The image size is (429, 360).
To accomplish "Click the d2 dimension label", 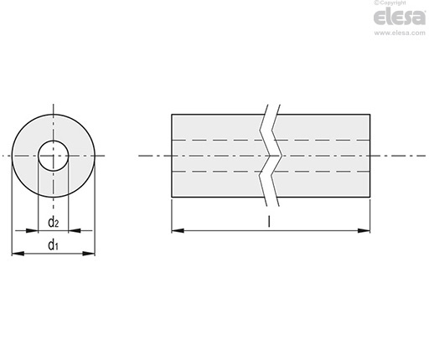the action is click(x=54, y=223).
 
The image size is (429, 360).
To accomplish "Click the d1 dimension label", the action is click(x=53, y=245).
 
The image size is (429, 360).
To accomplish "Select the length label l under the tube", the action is click(x=269, y=221).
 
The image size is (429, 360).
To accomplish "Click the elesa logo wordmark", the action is click(x=400, y=17).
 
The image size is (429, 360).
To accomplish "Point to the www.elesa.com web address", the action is click(x=400, y=33).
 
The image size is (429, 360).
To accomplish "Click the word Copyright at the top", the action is click(x=393, y=3).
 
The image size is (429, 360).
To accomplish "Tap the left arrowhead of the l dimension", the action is click(x=178, y=230).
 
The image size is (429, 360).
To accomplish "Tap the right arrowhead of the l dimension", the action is click(x=364, y=230).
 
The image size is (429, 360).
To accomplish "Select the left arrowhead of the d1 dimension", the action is click(x=18, y=254).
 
